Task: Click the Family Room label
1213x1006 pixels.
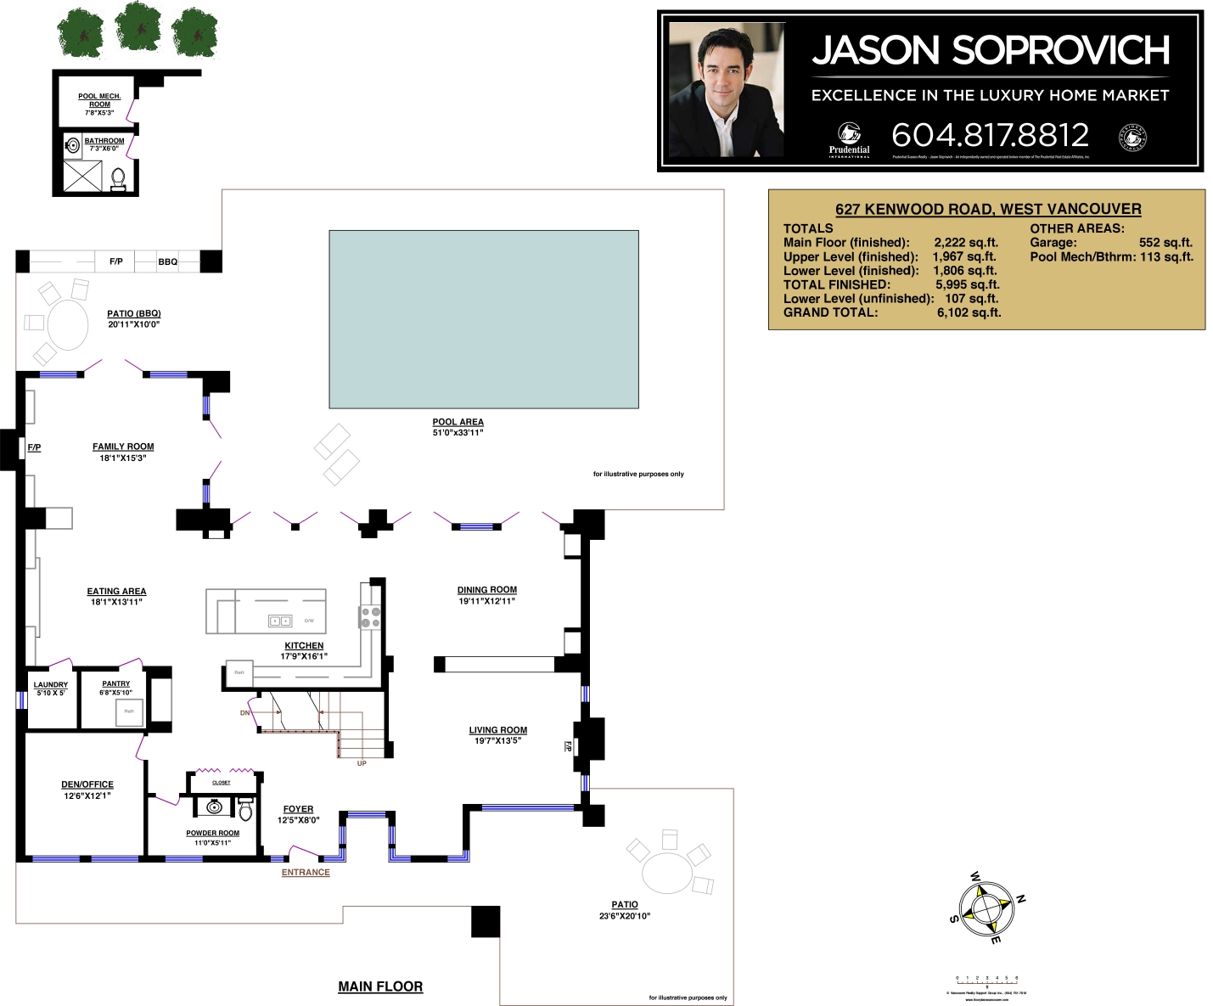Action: point(123,447)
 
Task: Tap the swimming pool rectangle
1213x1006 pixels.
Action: point(483,318)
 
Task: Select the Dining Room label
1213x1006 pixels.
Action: point(486,590)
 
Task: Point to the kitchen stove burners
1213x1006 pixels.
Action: point(370,617)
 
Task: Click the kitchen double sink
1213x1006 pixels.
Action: point(280,621)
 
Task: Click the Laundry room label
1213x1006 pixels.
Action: point(51,685)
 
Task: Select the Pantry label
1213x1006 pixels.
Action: point(116,683)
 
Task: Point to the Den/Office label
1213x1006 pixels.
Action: point(87,784)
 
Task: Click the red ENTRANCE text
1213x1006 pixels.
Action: point(306,873)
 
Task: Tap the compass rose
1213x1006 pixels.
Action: point(986,908)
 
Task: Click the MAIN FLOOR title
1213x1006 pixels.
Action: point(380,986)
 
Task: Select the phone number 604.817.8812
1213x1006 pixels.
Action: point(990,135)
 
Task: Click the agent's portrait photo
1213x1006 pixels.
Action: point(726,90)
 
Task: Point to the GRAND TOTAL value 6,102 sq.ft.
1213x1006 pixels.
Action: point(969,312)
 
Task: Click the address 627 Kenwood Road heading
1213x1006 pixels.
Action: point(987,209)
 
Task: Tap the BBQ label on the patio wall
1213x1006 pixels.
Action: point(168,261)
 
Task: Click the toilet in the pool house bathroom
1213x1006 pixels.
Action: point(118,179)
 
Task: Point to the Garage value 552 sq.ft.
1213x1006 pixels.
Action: point(1165,243)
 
